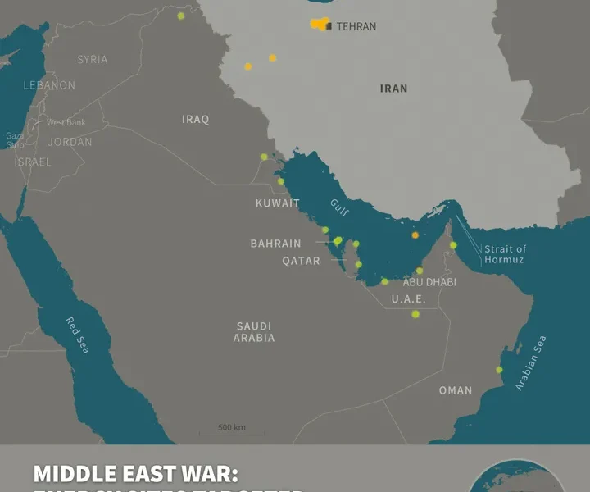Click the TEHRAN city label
coord(356,26)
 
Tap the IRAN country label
coord(393,89)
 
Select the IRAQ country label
coord(195,120)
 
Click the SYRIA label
coord(93,60)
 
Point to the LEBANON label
coord(49,85)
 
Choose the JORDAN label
coord(70,142)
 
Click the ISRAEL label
coord(33,162)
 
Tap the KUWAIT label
coord(277,203)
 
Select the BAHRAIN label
coord(275,244)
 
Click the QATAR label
coord(301,261)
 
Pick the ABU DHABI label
coord(429,282)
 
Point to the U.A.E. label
coord(407,299)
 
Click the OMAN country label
coord(456,390)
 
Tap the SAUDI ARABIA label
coord(254,332)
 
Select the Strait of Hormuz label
coord(506,254)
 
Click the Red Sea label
coord(79,335)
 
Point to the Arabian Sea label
coord(530,363)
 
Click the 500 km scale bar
coord(231,430)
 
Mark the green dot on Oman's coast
coord(499,370)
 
